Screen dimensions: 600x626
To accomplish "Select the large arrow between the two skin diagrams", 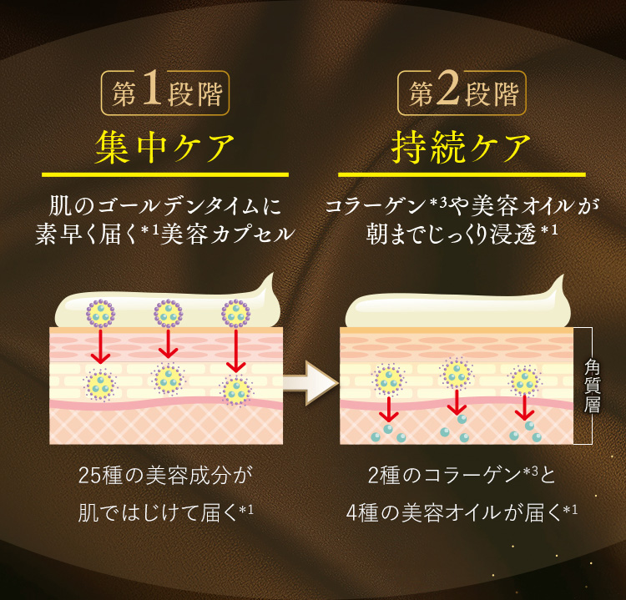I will (310, 383).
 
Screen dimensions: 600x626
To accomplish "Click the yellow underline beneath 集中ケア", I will (164, 174).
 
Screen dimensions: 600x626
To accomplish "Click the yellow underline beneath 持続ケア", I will (462, 174).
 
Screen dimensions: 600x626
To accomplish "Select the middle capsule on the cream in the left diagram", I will (169, 314).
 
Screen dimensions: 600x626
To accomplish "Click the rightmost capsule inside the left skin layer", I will (236, 389).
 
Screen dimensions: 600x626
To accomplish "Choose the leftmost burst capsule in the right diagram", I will (388, 380).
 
